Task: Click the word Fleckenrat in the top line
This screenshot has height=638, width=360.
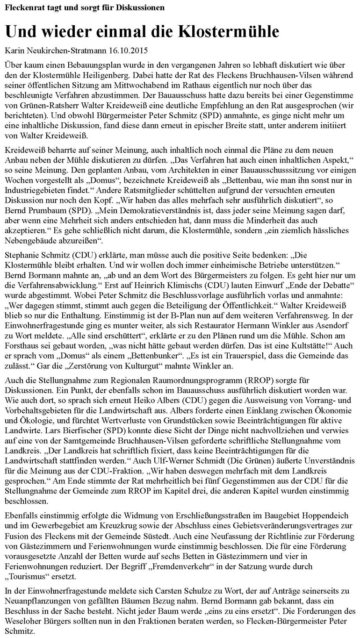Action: pos(23,8)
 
